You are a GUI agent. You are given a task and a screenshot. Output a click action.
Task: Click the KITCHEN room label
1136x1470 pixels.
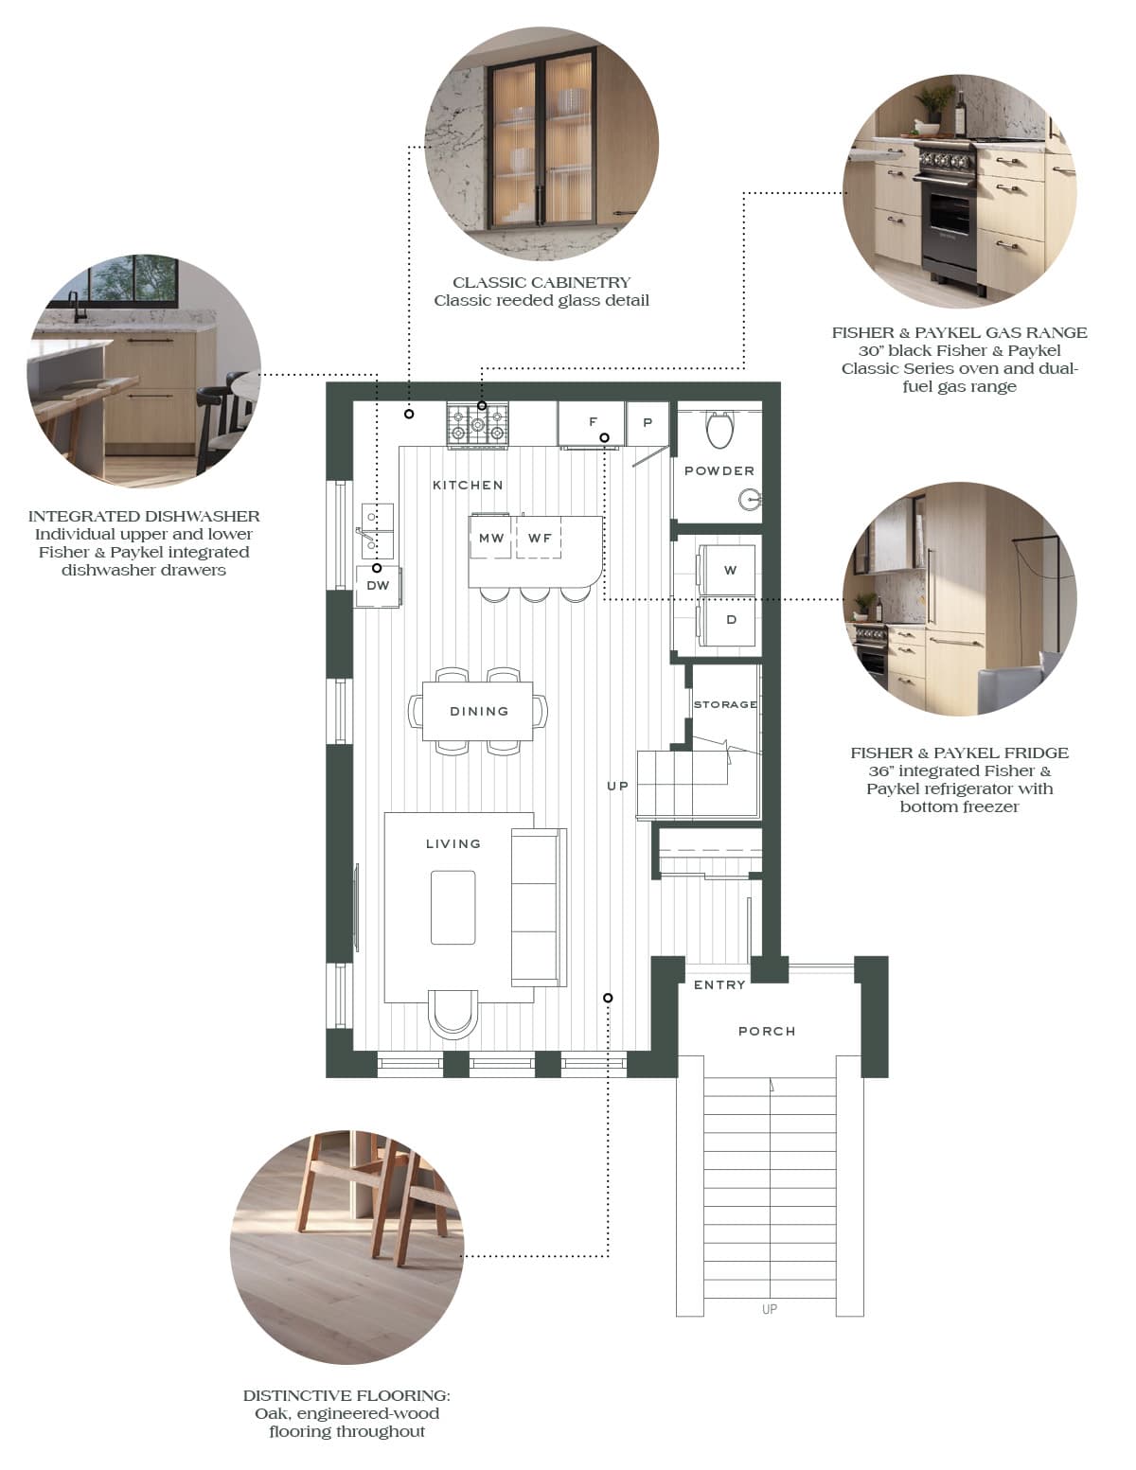(x=468, y=485)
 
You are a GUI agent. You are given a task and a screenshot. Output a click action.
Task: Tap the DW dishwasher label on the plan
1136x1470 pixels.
(x=378, y=585)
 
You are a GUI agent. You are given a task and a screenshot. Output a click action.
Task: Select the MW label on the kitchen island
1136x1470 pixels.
(x=491, y=538)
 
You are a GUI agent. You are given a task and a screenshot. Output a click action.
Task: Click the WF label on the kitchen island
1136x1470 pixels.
(x=540, y=538)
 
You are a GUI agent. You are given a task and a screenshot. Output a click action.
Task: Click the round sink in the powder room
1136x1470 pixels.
(x=749, y=500)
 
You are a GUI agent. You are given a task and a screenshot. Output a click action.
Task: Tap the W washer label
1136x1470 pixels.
(x=730, y=570)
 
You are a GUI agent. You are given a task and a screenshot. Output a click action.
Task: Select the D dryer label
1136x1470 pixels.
(x=732, y=620)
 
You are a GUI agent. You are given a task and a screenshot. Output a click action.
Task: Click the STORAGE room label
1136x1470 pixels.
(x=725, y=704)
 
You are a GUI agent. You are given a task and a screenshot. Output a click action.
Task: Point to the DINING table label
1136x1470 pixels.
(x=479, y=711)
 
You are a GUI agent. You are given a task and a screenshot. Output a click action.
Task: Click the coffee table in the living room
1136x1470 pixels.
(x=453, y=907)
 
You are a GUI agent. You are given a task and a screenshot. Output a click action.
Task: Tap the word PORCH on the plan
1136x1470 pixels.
(x=767, y=1031)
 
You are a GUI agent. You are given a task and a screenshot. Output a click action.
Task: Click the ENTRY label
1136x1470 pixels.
(x=719, y=985)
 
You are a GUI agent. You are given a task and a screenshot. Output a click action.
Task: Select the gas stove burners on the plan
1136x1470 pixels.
(x=477, y=425)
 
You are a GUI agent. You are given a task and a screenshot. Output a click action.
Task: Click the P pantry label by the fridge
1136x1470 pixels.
(x=648, y=423)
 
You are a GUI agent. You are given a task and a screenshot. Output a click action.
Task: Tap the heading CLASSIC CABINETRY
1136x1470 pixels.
(x=541, y=282)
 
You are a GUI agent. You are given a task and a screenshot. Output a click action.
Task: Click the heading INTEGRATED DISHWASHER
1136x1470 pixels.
(x=144, y=516)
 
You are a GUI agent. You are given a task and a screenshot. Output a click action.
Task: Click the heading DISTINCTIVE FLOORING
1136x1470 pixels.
(x=346, y=1395)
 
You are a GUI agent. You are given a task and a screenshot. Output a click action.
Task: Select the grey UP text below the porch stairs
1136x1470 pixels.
(x=770, y=1309)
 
